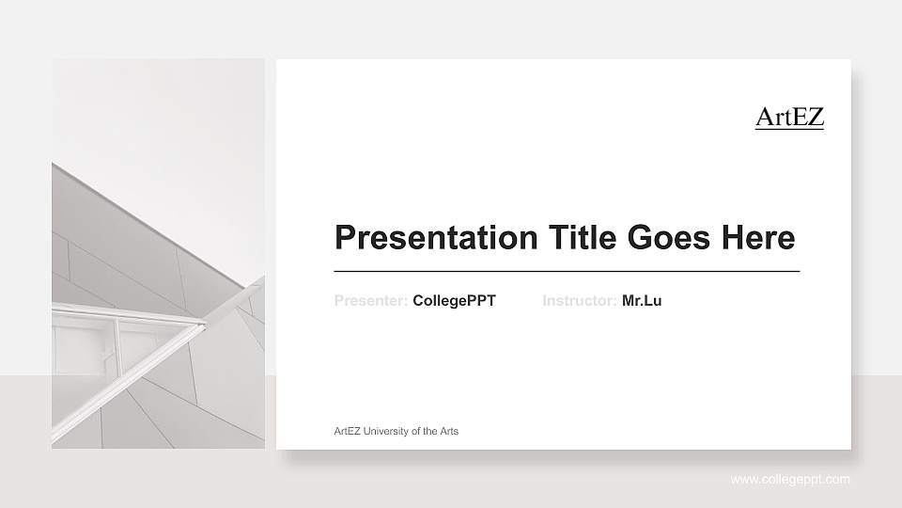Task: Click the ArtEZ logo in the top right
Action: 789,117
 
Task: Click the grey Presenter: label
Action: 371,301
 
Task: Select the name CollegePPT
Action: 454,301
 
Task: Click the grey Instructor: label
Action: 580,301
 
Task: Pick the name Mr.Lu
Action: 642,301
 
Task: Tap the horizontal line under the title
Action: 567,271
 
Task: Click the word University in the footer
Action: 386,431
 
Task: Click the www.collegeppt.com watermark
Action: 790,480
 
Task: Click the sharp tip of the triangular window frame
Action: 204,325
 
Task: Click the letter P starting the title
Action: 344,237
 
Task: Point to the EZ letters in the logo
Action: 807,117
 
